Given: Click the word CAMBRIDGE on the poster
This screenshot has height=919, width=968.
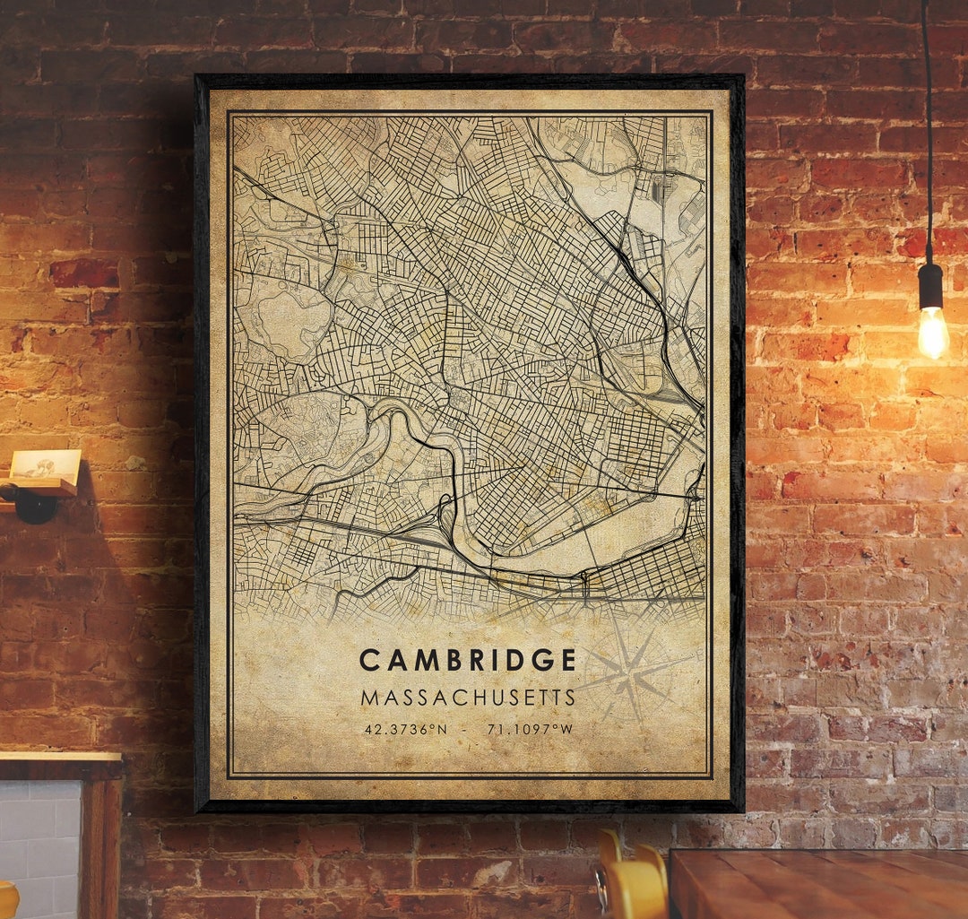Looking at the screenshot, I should tap(468, 661).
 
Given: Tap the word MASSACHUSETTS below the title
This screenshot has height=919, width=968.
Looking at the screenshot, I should tap(468, 698).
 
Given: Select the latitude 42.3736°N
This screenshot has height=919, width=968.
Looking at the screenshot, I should tap(405, 730).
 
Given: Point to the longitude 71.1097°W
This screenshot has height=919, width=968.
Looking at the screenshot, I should tap(530, 730).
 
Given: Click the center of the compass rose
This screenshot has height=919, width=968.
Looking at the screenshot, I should tap(632, 675).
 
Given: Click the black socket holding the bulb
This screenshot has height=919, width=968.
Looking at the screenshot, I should tap(930, 285).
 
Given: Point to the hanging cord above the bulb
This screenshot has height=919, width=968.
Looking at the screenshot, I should tap(927, 134).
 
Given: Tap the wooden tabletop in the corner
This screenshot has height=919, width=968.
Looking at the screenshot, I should tap(816, 883).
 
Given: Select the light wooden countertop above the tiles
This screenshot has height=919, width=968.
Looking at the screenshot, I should tap(59, 758).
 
